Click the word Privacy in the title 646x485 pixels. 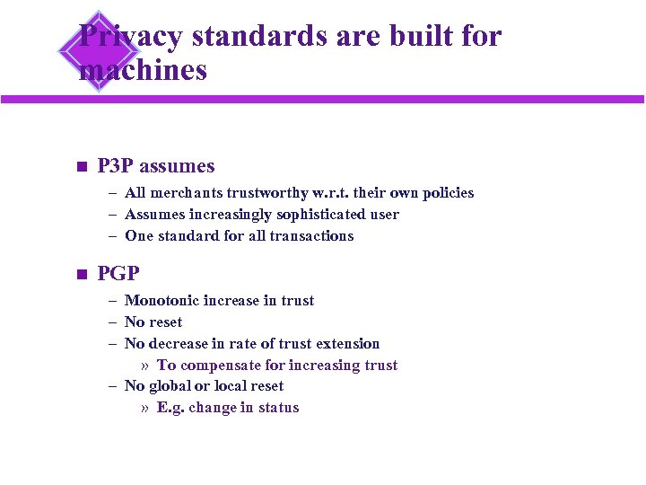(131, 37)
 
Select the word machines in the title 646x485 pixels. (144, 69)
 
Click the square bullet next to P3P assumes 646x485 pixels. (81, 166)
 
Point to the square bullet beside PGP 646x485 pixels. (81, 274)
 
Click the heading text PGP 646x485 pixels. (118, 273)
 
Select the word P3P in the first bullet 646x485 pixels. (115, 166)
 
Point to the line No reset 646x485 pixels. (153, 322)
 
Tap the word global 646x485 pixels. (168, 385)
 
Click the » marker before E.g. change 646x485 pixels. (145, 407)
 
